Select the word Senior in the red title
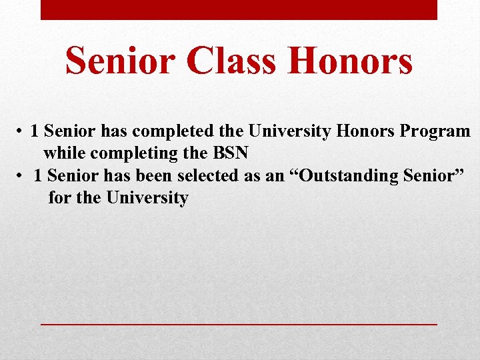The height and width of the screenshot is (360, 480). pyautogui.click(x=120, y=61)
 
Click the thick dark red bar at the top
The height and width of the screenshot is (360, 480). pyautogui.click(x=239, y=9)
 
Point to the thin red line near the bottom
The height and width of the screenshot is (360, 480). pyautogui.click(x=239, y=323)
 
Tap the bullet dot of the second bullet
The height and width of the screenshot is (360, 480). pyautogui.click(x=21, y=176)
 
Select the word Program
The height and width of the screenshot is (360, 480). pyautogui.click(x=437, y=131)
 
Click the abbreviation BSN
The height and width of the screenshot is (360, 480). pyautogui.click(x=230, y=153)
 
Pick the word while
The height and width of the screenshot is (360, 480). pyautogui.click(x=65, y=153)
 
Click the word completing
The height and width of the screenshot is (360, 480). pyautogui.click(x=133, y=153)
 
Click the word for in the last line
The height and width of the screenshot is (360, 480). pyautogui.click(x=59, y=198)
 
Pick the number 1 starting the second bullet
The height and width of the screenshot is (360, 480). pyautogui.click(x=38, y=176)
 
